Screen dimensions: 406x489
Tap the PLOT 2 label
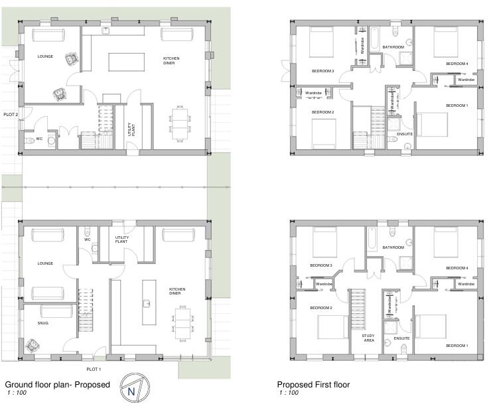pyautogui.click(x=11, y=115)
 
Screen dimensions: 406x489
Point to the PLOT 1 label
pyautogui.click(x=94, y=369)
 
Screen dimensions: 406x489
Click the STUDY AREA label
pyautogui.click(x=368, y=338)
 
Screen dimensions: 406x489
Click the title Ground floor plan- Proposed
pyautogui.click(x=57, y=385)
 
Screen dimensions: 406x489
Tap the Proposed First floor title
pyautogui.click(x=313, y=385)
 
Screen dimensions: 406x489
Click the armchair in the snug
pyautogui.click(x=31, y=345)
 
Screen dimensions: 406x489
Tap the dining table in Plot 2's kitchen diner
pyautogui.click(x=180, y=124)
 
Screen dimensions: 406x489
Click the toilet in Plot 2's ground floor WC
pyautogui.click(x=29, y=141)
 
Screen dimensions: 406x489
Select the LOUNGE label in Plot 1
pyautogui.click(x=45, y=263)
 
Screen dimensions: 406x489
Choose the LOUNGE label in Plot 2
pyautogui.click(x=45, y=57)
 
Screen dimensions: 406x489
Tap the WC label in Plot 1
pyautogui.click(x=87, y=239)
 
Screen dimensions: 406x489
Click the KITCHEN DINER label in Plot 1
pyautogui.click(x=177, y=292)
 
